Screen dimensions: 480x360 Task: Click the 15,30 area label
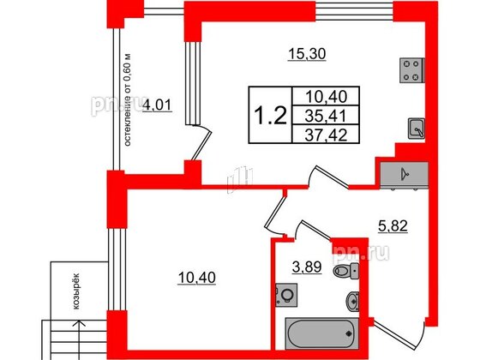click(307, 55)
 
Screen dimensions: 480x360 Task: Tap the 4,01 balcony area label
click(158, 105)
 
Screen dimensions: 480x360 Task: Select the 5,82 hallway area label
click(393, 226)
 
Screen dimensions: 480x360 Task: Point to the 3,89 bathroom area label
click(307, 267)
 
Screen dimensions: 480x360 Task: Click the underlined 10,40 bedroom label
click(197, 278)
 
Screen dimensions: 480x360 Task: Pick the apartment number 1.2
click(271, 116)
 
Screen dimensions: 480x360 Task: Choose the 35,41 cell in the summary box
click(326, 116)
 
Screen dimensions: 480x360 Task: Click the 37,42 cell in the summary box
click(326, 135)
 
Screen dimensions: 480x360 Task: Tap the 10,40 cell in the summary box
click(326, 97)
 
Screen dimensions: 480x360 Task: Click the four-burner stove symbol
click(411, 70)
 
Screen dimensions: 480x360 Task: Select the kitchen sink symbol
click(417, 129)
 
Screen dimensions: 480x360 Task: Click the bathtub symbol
click(321, 333)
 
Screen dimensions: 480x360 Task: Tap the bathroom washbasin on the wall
click(352, 301)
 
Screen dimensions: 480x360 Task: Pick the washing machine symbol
click(286, 295)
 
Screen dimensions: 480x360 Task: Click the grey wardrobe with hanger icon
click(404, 175)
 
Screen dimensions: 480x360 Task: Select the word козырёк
click(76, 291)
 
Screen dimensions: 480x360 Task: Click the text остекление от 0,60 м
click(128, 100)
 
